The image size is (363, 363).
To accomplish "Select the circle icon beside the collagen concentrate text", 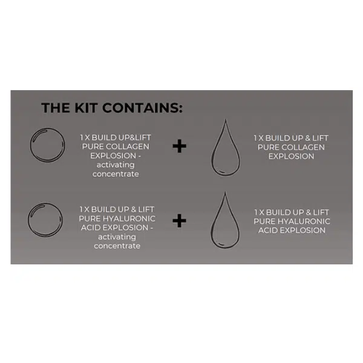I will pos(47,146).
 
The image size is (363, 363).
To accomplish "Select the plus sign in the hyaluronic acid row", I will pos(179,221).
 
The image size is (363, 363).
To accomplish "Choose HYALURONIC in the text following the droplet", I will pos(306,221).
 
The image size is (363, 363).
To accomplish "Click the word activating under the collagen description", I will pos(117,165).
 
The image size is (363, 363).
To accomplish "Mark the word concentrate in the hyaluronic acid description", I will pos(117,246).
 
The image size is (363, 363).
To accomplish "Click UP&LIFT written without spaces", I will pos(131,137).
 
